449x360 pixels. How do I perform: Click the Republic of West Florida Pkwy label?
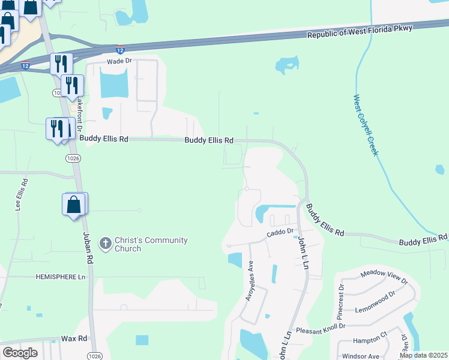tap(360, 32)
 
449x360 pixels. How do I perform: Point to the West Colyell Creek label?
tap(365, 125)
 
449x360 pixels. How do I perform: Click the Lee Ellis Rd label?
tap(20, 194)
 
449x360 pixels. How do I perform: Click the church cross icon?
tap(105, 243)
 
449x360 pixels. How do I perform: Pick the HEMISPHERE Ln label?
tap(59, 277)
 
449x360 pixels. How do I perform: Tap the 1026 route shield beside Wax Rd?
tap(93, 349)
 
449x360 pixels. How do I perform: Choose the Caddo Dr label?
tap(280, 231)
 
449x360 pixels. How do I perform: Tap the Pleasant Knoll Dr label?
tap(321, 327)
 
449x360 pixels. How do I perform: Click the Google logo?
tap(20, 353)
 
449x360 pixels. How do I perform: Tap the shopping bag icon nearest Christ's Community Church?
tap(74, 205)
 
